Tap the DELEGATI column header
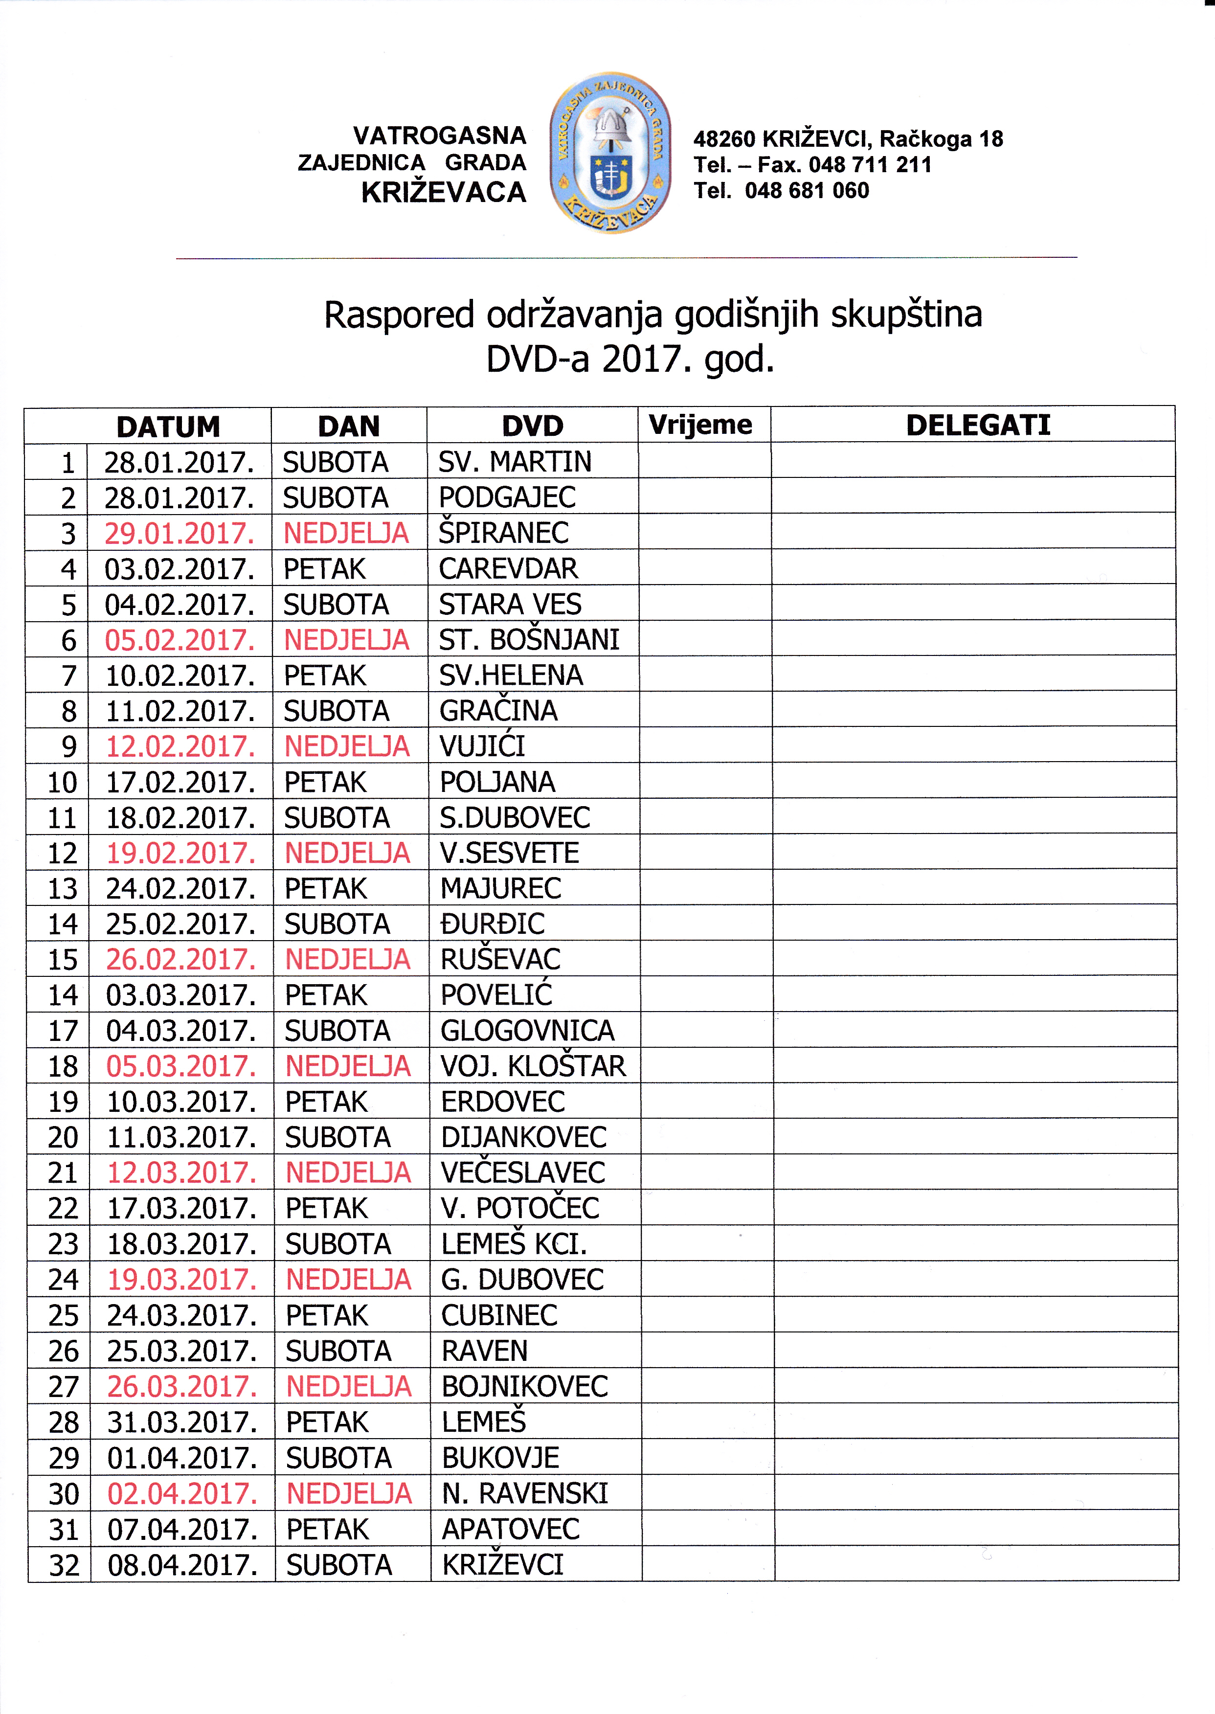(978, 425)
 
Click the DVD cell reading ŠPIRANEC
(503, 533)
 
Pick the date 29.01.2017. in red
(180, 534)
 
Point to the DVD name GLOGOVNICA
(527, 1030)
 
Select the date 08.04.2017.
(182, 1565)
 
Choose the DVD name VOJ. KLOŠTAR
(533, 1066)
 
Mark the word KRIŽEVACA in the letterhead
(444, 192)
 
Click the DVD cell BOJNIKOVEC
(524, 1386)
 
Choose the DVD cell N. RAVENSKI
(524, 1493)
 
